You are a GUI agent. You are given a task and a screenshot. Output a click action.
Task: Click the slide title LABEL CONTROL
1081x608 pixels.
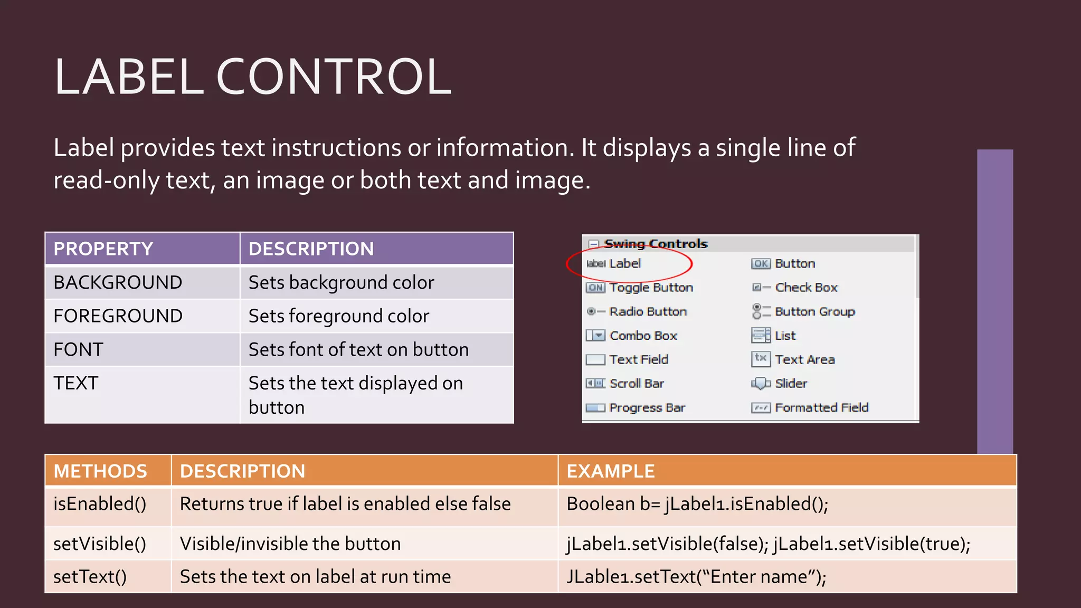click(252, 77)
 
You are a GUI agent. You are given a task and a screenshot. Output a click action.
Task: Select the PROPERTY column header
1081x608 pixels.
click(103, 249)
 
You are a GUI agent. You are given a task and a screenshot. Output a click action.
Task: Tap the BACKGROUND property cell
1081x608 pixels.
click(118, 282)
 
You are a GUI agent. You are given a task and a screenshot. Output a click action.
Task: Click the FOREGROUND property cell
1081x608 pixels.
click(118, 316)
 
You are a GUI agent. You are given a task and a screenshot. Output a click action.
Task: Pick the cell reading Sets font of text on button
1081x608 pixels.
click(358, 349)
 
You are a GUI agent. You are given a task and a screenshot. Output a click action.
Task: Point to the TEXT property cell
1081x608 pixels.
click(76, 383)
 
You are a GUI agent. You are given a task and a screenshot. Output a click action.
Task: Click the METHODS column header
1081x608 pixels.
click(100, 471)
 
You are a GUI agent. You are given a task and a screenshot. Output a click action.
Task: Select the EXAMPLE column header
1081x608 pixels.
click(610, 471)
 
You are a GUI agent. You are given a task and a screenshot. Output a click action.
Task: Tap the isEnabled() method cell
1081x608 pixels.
click(100, 504)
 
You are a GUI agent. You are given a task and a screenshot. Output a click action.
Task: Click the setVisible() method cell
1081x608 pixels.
click(100, 544)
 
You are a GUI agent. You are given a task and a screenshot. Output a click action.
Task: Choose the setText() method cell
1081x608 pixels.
click(90, 577)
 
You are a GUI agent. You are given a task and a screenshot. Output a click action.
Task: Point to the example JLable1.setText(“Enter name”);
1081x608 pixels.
click(696, 577)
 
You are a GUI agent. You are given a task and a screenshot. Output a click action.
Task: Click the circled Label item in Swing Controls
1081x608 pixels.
click(625, 263)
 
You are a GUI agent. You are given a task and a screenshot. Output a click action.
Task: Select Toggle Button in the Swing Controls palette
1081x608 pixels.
click(651, 288)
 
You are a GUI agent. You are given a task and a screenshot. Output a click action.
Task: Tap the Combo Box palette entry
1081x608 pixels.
click(643, 336)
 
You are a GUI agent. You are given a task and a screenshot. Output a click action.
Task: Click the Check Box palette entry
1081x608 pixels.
click(806, 288)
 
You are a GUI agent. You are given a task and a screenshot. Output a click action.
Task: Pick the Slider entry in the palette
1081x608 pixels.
click(791, 384)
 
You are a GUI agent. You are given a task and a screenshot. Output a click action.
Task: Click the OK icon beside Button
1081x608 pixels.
click(761, 263)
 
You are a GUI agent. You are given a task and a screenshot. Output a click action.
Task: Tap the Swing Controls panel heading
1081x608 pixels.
click(656, 244)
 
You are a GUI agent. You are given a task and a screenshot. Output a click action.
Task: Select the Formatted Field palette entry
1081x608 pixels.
click(821, 407)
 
